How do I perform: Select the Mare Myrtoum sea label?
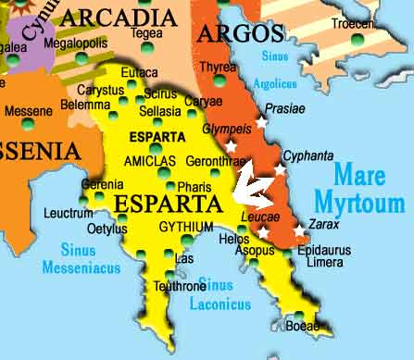tap(370, 188)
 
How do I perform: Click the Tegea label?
tap(146, 34)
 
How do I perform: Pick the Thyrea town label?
tap(218, 67)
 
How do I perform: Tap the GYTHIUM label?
tap(186, 227)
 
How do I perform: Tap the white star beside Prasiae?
tap(261, 121)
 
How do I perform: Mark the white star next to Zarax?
tap(300, 231)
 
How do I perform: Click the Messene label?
tap(28, 111)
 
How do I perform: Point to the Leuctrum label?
tap(69, 214)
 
